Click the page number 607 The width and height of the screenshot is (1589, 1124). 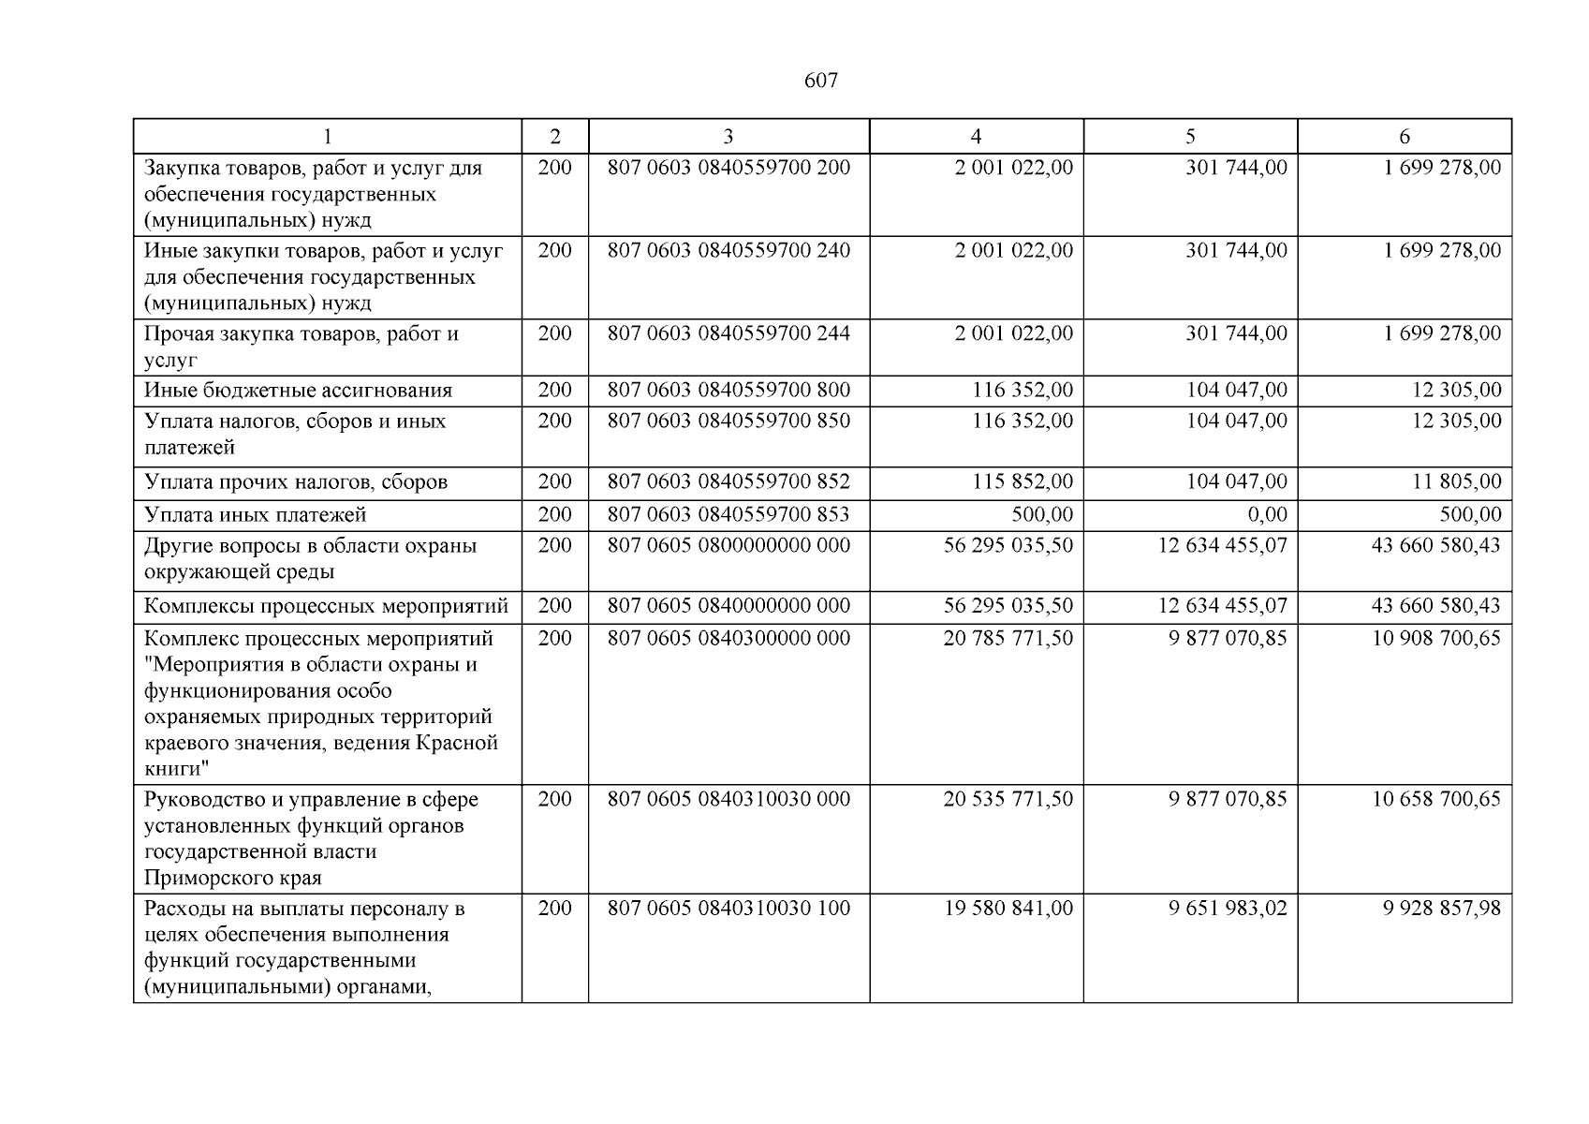tap(820, 81)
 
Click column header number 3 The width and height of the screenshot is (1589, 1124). tap(728, 137)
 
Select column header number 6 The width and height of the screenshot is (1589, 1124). tap(1404, 137)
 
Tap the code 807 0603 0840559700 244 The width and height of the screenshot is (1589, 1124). tap(728, 333)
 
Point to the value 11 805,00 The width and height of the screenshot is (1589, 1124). tap(1456, 481)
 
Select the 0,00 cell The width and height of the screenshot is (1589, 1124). tap(1261, 514)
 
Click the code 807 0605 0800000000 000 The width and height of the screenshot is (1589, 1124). tap(728, 545)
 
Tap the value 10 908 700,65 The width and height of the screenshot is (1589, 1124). tap(1435, 638)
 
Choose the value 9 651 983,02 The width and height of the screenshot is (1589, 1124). tap(1228, 909)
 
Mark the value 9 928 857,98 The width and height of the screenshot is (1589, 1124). tap(1442, 909)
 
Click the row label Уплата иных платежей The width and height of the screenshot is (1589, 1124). tap(256, 514)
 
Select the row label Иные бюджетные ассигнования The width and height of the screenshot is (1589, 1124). tap(298, 391)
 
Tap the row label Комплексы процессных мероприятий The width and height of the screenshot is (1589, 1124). tap(326, 606)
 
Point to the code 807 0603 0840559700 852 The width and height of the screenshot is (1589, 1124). tap(728, 481)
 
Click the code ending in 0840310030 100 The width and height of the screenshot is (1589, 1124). tap(728, 909)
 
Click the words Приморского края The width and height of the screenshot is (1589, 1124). tap(232, 878)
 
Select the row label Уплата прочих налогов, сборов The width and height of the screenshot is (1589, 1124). tap(296, 481)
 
